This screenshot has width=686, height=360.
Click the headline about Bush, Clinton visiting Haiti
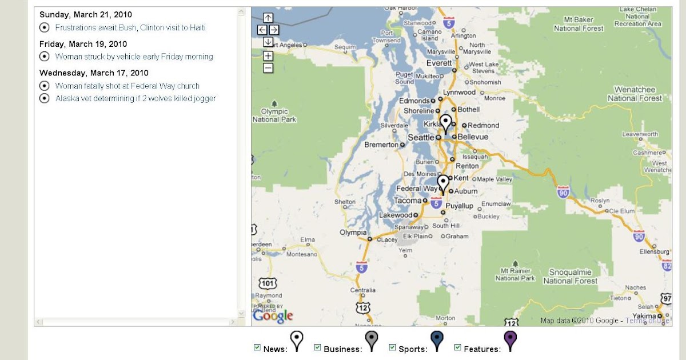[x=130, y=27]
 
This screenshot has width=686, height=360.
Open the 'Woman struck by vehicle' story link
[x=134, y=57]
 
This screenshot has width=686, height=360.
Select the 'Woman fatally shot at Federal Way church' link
[x=127, y=86]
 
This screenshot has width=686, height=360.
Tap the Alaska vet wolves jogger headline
[x=135, y=98]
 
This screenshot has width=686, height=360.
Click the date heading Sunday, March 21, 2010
[x=86, y=14]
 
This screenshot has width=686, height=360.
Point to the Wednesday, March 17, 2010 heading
[x=94, y=73]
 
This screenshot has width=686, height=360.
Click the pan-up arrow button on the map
[x=268, y=18]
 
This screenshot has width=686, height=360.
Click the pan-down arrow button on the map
[x=268, y=42]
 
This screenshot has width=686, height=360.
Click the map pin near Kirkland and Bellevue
[x=446, y=123]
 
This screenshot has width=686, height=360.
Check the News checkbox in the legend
[x=257, y=347]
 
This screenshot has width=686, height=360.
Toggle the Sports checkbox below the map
[x=393, y=347]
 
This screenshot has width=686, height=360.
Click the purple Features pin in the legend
[x=510, y=341]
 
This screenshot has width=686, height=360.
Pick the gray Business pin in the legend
[x=372, y=341]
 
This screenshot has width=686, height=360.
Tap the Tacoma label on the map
[x=408, y=201]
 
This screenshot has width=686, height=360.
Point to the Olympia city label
[x=353, y=233]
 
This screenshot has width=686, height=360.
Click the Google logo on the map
[x=273, y=315]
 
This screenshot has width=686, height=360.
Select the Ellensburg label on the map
[x=653, y=251]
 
